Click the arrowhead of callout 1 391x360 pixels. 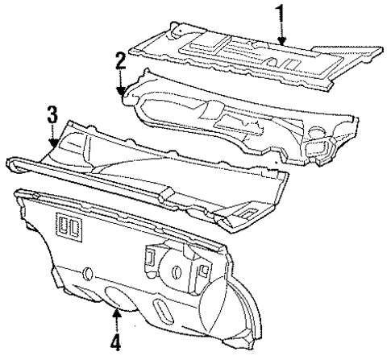[281, 42]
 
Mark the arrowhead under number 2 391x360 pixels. [121, 95]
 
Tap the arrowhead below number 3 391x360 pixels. [52, 145]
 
